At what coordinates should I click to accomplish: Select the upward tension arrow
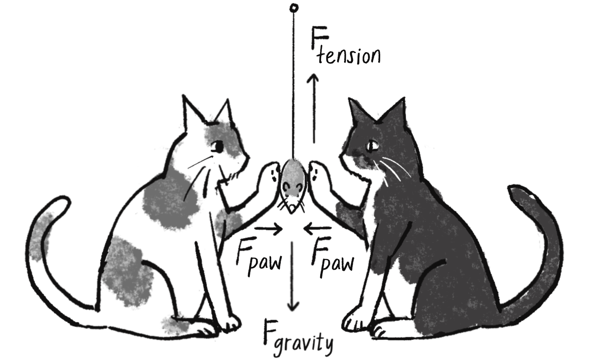click(x=314, y=108)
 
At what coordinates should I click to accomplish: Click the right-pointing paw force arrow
click(x=269, y=229)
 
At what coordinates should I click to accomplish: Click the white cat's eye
click(x=217, y=147)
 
